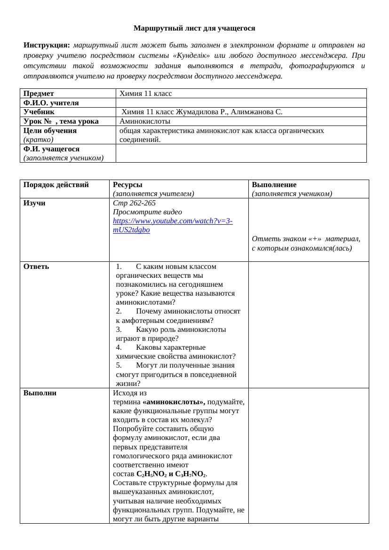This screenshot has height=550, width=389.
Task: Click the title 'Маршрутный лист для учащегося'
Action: [194, 28]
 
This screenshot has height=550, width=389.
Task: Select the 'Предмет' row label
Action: [39, 94]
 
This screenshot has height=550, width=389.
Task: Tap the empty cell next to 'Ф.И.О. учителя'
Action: [241, 102]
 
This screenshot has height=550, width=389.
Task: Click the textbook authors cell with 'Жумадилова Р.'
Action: [202, 112]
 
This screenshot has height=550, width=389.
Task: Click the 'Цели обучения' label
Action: [50, 130]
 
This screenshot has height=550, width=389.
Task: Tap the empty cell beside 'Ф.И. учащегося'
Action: [241, 153]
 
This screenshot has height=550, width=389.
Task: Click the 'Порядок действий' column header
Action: [56, 185]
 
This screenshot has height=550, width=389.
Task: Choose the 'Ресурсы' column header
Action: [127, 185]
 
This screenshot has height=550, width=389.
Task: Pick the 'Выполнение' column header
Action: [274, 185]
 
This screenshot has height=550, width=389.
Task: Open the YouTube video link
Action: [172, 226]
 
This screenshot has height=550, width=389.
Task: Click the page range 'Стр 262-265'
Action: [134, 203]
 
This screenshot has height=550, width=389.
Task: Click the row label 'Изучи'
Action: [34, 203]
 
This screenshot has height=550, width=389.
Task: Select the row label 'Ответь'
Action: [36, 267]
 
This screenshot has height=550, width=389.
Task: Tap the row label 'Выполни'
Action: [40, 393]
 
